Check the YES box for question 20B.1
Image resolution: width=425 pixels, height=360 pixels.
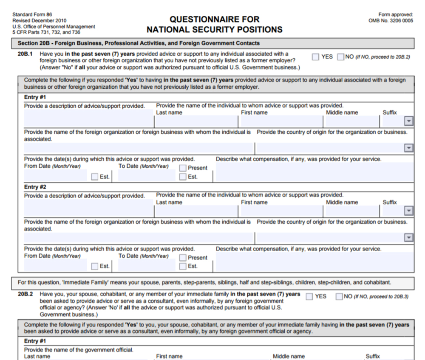(316, 57)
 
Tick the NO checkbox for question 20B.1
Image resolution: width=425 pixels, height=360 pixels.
(340, 57)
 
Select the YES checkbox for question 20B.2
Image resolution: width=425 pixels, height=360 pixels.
(309, 296)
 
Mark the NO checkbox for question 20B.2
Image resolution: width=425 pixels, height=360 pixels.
(339, 296)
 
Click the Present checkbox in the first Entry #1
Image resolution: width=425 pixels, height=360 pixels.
(183, 168)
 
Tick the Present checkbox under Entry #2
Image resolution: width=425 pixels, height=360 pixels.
(183, 258)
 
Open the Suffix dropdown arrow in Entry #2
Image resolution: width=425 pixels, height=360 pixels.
(409, 211)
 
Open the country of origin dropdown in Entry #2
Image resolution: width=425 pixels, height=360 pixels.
(409, 238)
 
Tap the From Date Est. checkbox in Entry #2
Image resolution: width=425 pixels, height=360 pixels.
(95, 267)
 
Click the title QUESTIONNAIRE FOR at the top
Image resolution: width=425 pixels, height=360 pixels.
(214, 20)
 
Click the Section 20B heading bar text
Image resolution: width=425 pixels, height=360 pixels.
(139, 43)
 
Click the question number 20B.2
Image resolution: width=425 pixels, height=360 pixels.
(28, 295)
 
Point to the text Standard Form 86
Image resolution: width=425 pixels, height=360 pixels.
(32, 14)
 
